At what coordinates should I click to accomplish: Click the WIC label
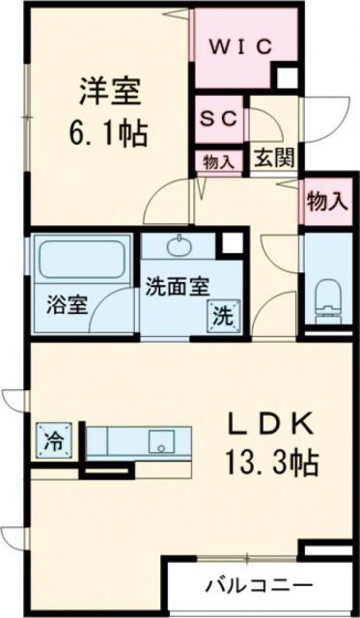pos(241,45)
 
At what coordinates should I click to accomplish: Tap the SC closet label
pos(220,120)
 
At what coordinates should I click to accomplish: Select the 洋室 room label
pos(109,92)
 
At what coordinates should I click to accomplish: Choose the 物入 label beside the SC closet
pos(219,160)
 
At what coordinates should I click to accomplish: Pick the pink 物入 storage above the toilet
pos(327,202)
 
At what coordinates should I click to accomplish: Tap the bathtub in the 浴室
pos(80,259)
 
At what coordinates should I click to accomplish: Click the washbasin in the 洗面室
pos(180,246)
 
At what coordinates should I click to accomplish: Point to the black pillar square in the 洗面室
pos(230,243)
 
